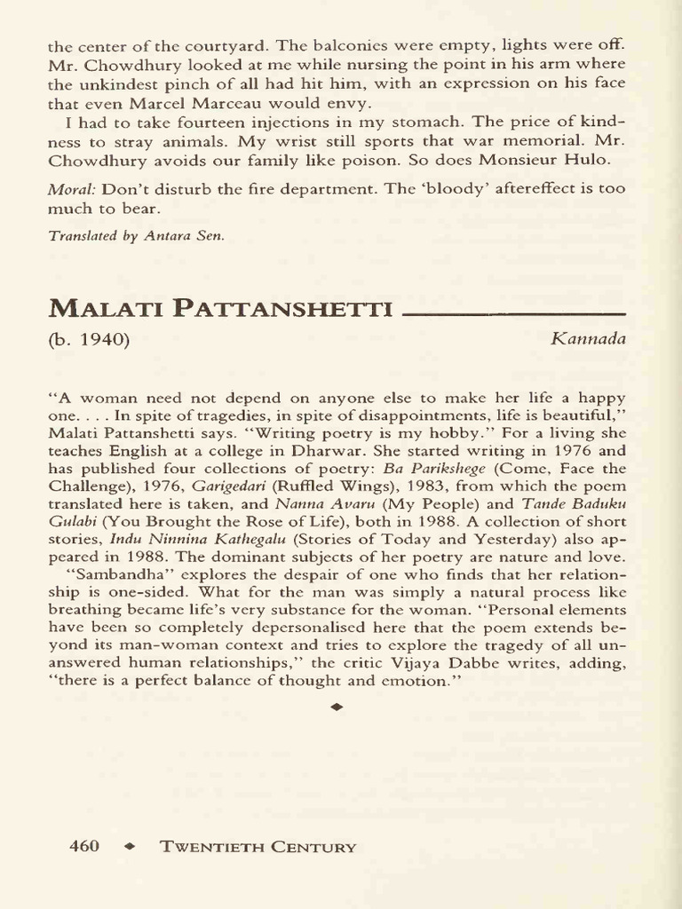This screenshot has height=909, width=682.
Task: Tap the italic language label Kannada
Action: (588, 339)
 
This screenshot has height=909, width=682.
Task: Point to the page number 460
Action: (84, 847)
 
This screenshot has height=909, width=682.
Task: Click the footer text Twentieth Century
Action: (258, 847)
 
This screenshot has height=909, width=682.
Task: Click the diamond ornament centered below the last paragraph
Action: (336, 707)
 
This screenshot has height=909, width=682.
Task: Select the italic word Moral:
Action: (73, 188)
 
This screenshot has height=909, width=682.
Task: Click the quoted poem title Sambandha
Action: (109, 574)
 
